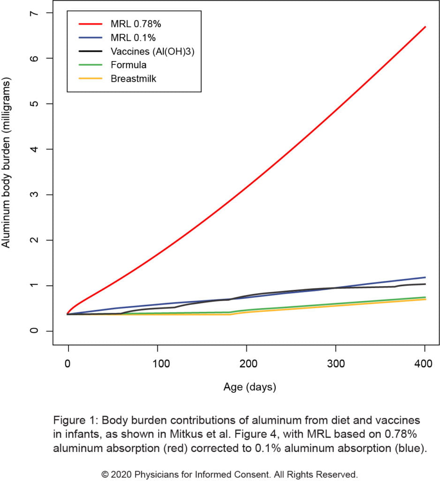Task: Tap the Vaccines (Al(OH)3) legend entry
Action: tap(152, 51)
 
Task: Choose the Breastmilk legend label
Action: tap(133, 78)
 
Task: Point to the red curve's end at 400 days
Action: tap(425, 27)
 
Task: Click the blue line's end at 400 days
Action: tap(425, 277)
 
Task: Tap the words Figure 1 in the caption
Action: tap(72, 419)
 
